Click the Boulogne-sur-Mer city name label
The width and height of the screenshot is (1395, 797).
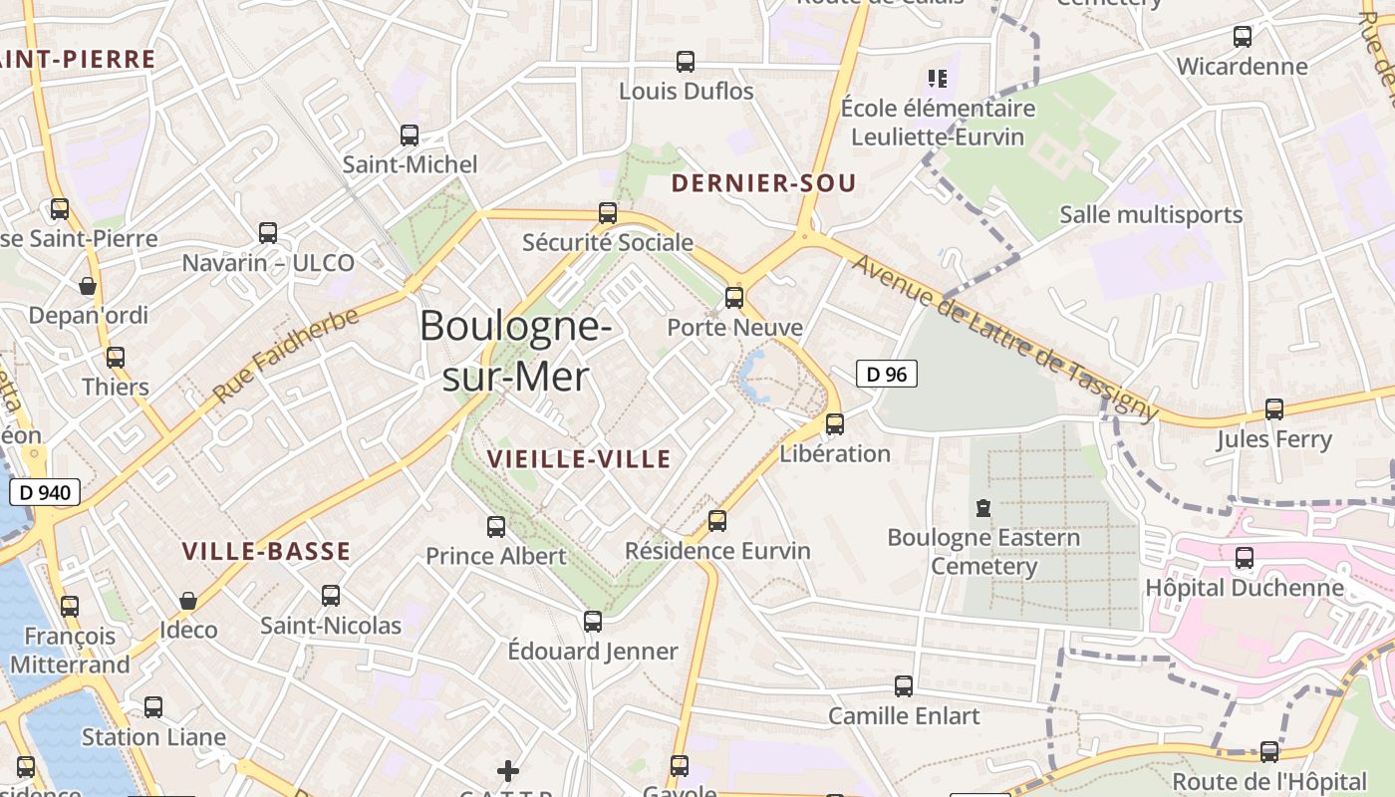point(515,351)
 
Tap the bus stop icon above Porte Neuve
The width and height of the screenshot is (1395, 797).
point(734,297)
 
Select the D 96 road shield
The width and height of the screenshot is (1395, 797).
point(886,375)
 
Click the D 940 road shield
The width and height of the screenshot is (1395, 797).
point(44,491)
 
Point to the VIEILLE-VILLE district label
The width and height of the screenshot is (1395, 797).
point(579,458)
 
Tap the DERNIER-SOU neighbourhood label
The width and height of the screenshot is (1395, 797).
point(763,183)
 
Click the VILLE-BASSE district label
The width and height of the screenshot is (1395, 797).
point(266,551)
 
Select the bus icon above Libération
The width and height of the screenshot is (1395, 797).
point(835,424)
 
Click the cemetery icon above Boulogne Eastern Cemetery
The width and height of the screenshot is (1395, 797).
point(983,508)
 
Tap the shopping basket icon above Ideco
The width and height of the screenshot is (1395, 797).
point(187,601)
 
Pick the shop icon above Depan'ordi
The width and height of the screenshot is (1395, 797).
point(88,287)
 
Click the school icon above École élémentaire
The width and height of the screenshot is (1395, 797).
point(937,78)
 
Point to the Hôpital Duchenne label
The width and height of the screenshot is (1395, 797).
point(1245,588)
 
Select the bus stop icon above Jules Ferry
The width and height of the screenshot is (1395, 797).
point(1273,409)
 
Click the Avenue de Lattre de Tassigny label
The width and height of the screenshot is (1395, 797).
point(1006,339)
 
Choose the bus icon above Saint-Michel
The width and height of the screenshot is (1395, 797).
point(410,135)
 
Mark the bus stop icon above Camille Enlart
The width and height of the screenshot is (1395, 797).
point(904,686)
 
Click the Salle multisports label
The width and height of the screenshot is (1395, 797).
point(1151,214)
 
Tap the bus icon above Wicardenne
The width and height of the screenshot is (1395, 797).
point(1243,37)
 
